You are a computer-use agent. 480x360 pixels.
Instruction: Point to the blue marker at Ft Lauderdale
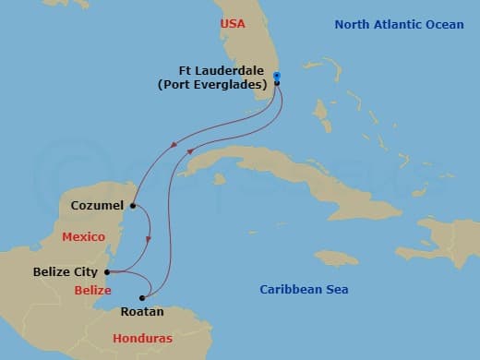[x=277, y=77]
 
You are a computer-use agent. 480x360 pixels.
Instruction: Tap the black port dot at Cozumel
[x=134, y=205]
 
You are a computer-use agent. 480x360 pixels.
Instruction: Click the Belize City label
[x=66, y=272]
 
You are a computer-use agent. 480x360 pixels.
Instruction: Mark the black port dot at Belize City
[x=107, y=272]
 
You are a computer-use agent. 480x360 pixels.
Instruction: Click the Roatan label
[x=141, y=312]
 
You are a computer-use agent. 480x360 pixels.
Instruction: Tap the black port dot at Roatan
[x=142, y=298]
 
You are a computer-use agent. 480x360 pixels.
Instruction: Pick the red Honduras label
[x=142, y=339]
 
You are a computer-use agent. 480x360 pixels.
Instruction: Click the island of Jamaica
[x=338, y=257]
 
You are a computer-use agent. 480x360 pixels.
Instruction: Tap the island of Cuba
[x=277, y=180]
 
